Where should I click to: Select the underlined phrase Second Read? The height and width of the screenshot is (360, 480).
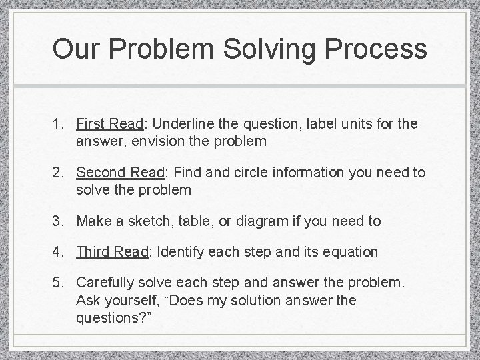coord(121,173)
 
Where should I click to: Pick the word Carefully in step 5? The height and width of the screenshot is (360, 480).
coord(105,283)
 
